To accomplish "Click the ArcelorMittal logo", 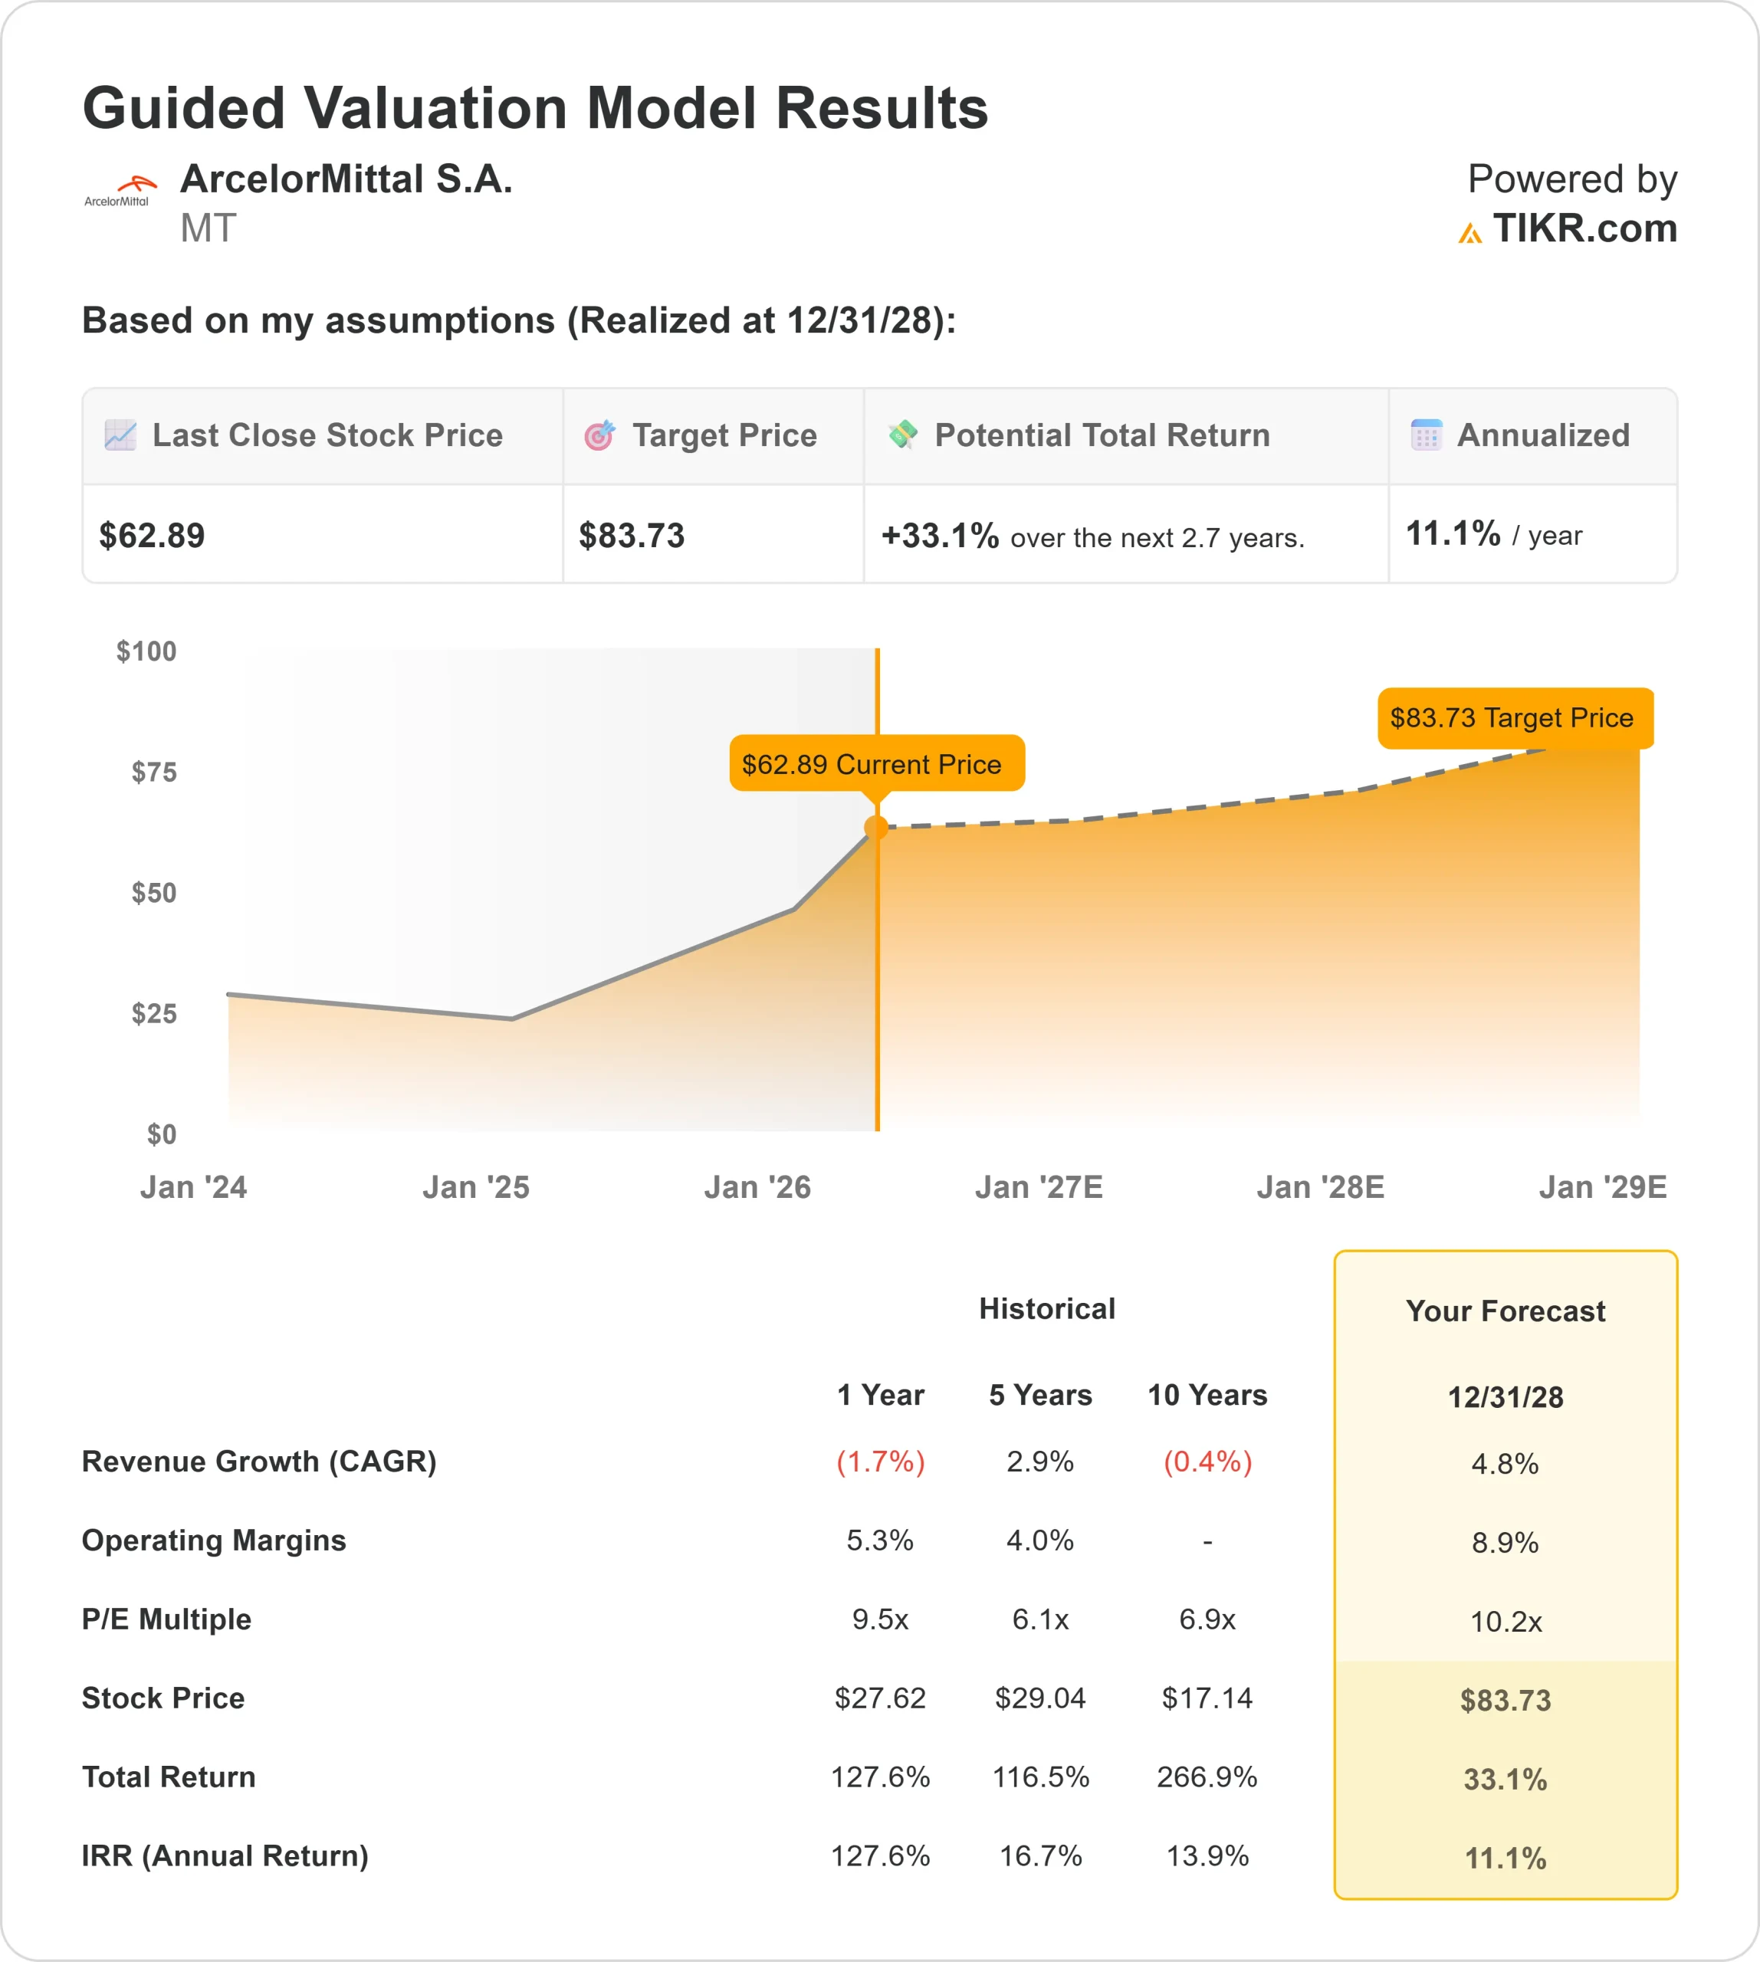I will pos(119,191).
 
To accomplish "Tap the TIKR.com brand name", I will pos(1583,229).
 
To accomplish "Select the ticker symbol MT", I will pos(208,229).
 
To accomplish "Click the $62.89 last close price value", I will pos(152,536).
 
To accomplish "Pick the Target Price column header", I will pos(724,435).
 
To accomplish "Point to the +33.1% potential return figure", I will pos(939,536).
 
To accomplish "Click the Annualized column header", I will pos(1542,435).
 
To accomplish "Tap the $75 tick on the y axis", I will pos(154,772).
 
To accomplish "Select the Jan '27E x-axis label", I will pos(1039,1186).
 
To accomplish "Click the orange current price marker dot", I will pos(876,828).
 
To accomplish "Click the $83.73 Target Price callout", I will pos(1513,717).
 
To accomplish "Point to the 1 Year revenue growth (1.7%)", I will pos(880,1461).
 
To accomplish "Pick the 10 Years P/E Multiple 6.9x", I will pos(1207,1619).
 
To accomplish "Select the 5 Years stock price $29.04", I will pos(1040,1698).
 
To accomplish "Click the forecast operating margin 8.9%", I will pos(1505,1542).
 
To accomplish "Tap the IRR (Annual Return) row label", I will pos(225,1855).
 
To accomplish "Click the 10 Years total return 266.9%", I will pos(1207,1777).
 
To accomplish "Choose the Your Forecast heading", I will pos(1505,1311).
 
